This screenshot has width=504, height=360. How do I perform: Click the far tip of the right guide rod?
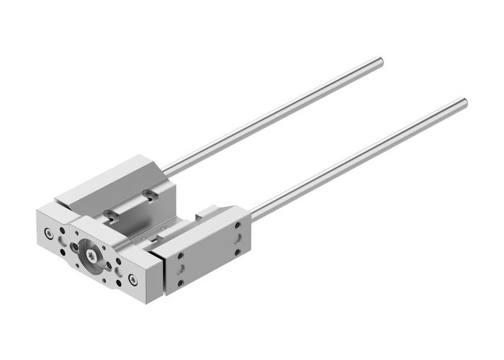[x=464, y=103]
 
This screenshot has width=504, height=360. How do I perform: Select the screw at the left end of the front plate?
[x=48, y=232]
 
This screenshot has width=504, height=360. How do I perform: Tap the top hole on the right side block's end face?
[x=238, y=226]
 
